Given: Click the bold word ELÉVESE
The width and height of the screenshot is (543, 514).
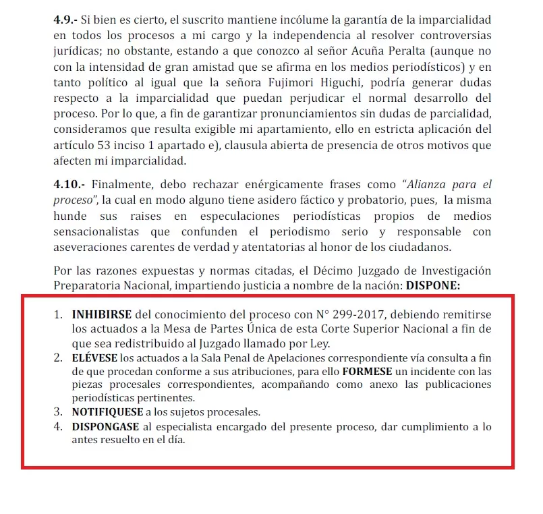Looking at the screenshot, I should point(95,358).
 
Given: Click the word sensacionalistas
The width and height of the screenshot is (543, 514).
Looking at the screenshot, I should point(96,231).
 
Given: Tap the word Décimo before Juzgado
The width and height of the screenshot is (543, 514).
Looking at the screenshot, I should point(341,270).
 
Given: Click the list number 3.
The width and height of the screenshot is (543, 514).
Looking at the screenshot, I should point(57,412).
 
